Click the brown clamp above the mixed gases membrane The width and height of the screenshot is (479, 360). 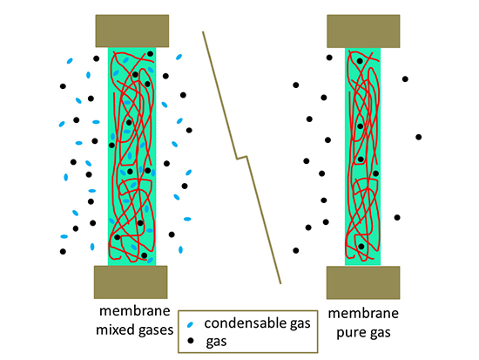point(132,31)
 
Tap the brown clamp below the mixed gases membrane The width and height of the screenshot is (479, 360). point(132,282)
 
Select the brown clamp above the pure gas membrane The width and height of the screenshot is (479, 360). point(362,31)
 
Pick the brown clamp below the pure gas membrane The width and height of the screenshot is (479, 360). point(362,282)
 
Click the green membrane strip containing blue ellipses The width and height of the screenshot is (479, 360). point(132,157)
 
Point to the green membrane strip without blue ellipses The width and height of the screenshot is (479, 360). point(362,157)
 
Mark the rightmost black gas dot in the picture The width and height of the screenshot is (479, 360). point(419,137)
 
